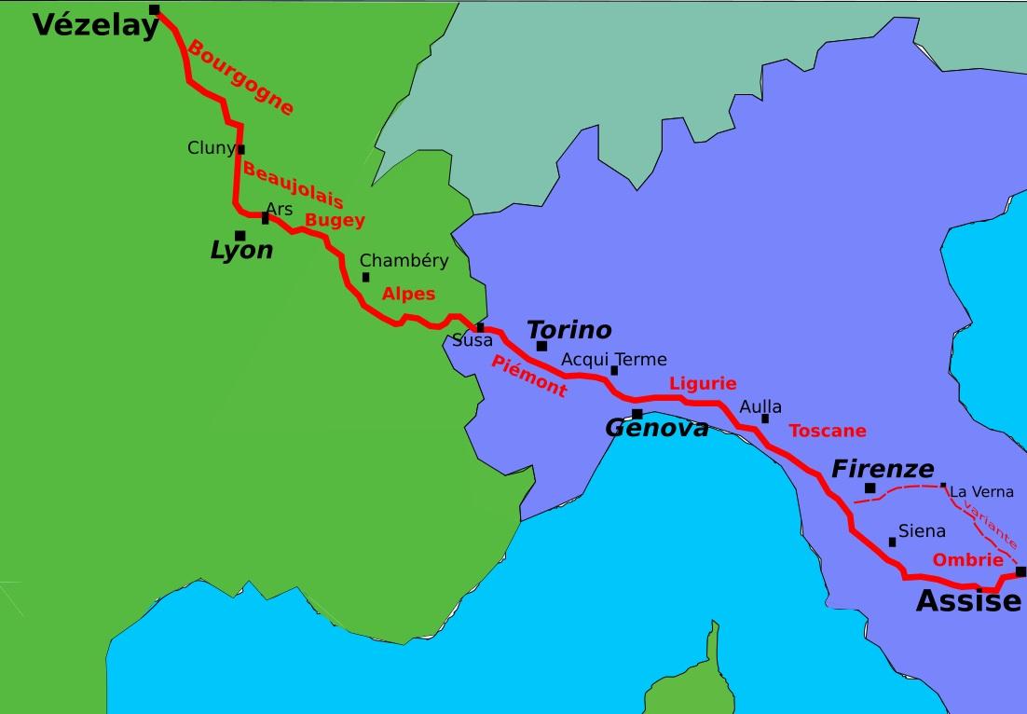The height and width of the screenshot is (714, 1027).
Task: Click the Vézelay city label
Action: click(96, 26)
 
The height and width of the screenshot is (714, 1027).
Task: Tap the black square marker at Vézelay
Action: click(155, 10)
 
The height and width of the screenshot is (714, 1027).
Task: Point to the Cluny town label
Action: click(212, 148)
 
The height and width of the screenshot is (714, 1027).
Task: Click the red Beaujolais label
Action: click(293, 185)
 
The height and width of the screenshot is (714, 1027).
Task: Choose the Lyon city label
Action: click(241, 251)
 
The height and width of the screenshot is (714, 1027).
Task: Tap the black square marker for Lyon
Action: click(240, 236)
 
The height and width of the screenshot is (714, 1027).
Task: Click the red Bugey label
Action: click(335, 220)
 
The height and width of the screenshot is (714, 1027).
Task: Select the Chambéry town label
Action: click(404, 261)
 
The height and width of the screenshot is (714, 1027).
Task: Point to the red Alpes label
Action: click(408, 294)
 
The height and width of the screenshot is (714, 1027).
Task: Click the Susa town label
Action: click(472, 341)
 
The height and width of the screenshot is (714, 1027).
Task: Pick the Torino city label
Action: click(568, 330)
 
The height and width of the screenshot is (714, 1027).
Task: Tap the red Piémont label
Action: click(528, 377)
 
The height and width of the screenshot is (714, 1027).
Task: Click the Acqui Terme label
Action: click(613, 360)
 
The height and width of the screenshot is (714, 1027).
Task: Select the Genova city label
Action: click(656, 428)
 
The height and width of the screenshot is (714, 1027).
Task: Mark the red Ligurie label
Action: click(703, 383)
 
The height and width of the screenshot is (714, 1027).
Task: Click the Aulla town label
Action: click(760, 407)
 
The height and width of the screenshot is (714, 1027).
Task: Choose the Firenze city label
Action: click(882, 469)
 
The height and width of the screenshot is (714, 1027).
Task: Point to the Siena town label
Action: click(921, 531)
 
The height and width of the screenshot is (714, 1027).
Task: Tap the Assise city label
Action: click(968, 602)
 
